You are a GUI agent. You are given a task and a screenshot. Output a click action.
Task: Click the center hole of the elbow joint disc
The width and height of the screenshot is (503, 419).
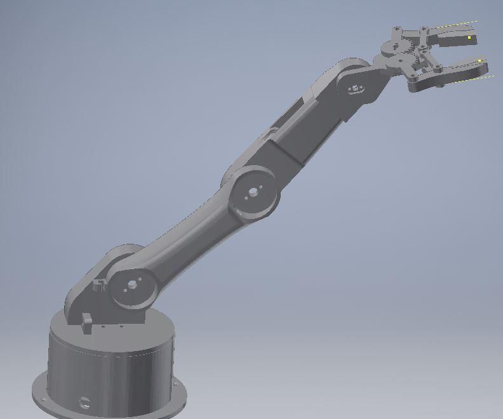(x=253, y=191)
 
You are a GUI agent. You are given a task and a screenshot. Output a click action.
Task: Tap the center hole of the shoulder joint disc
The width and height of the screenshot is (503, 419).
(x=133, y=285)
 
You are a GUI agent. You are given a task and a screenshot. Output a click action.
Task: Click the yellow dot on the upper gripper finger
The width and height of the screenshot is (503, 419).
(x=470, y=38)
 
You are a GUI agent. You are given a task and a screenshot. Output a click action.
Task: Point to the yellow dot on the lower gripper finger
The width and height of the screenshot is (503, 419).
(x=479, y=61)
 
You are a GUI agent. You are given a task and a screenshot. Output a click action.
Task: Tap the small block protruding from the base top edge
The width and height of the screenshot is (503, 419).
(x=86, y=323)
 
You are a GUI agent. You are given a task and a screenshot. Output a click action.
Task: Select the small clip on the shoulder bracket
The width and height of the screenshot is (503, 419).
(x=99, y=285)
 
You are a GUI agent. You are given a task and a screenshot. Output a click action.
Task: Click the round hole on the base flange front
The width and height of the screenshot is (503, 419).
(x=84, y=401)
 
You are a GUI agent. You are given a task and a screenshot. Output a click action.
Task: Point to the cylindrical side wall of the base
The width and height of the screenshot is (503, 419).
(x=114, y=375)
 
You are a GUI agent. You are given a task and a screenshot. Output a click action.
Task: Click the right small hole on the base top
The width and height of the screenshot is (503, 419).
(x=121, y=327)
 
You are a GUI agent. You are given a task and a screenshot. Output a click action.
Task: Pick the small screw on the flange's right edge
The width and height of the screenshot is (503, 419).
(x=177, y=384)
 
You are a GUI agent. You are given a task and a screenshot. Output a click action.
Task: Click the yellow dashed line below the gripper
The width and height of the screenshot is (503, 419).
(x=476, y=80)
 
